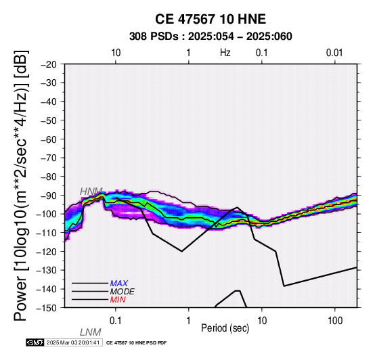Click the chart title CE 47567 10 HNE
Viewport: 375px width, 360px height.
211,19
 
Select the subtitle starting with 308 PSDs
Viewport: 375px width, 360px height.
211,37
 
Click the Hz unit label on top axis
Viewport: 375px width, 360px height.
225,53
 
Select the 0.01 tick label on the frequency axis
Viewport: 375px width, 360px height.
334,53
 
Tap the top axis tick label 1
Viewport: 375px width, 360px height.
189,53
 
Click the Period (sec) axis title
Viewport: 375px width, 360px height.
225,328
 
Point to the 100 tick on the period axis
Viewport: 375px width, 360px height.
335,321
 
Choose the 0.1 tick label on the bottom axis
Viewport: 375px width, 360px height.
116,321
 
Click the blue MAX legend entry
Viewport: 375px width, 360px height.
119,284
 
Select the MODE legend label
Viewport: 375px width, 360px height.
123,292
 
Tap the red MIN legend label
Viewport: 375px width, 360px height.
118,300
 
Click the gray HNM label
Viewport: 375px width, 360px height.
91,192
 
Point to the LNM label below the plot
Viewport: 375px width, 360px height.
91,332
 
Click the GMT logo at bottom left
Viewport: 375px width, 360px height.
35,342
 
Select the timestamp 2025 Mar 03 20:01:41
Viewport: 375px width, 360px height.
73,342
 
